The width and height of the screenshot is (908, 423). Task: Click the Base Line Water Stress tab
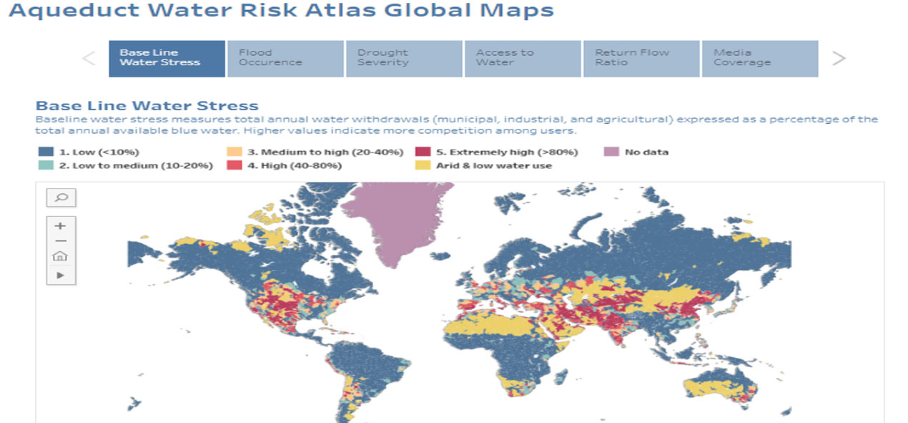point(167,58)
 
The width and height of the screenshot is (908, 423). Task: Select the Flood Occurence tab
point(285,58)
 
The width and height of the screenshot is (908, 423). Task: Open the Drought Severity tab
point(404,58)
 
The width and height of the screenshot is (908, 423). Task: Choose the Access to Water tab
point(523,58)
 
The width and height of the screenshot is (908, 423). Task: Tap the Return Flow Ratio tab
point(641,58)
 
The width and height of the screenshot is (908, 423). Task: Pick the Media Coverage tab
point(760,58)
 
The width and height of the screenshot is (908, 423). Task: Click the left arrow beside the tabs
point(89,59)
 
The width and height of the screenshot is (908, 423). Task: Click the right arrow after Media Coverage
point(839,59)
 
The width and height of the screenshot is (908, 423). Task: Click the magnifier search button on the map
point(61,198)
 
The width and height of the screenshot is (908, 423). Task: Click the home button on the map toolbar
point(61,257)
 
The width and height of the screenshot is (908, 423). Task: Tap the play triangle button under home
point(61,275)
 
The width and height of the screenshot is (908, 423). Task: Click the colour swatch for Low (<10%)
point(45,152)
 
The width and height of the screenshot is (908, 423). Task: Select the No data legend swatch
point(611,152)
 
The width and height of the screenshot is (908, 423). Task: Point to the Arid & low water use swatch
point(423,166)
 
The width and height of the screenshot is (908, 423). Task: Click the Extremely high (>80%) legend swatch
point(423,152)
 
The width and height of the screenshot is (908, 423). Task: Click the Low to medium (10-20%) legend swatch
point(45,166)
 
